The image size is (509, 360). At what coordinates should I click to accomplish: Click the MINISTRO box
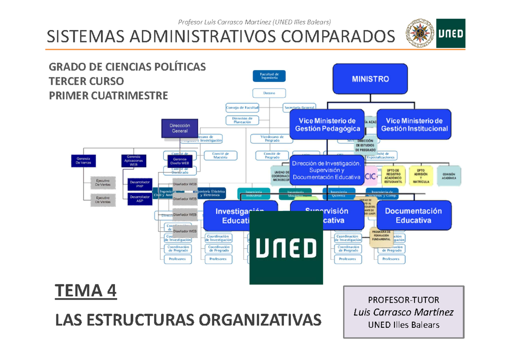(x=370, y=79)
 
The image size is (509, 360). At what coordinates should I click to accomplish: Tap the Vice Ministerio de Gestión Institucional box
(x=414, y=125)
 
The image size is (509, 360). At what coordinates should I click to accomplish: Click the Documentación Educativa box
(x=414, y=216)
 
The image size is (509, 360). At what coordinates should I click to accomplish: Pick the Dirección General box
(x=179, y=128)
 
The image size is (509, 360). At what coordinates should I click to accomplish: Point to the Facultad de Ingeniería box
(x=269, y=76)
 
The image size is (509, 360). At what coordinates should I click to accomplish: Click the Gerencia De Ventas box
(x=83, y=161)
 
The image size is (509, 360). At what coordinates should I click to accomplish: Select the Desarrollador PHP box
(x=140, y=184)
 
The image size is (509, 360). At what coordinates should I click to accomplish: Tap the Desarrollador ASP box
(x=140, y=199)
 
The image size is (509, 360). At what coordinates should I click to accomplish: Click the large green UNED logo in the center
(x=286, y=247)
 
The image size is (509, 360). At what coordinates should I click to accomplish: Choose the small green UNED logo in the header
(x=451, y=33)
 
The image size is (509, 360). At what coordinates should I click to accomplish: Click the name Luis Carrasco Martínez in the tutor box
(x=403, y=312)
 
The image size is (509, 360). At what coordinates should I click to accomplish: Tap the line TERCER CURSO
(x=87, y=81)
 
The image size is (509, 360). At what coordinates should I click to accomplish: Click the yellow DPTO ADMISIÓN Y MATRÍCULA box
(x=420, y=174)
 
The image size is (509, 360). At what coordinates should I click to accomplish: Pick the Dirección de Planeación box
(x=239, y=120)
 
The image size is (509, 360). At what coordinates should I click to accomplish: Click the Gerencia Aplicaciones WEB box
(x=134, y=161)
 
